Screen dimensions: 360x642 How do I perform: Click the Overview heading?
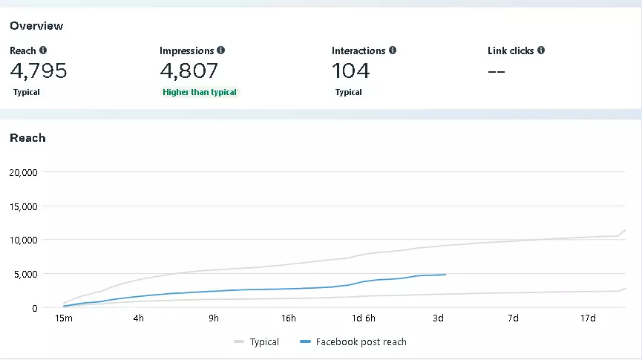(36, 26)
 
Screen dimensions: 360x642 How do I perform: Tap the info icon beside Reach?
(42, 50)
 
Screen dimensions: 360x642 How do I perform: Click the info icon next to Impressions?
(221, 50)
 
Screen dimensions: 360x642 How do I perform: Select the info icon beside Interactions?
(393, 50)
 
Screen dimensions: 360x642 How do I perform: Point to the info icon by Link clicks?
(541, 50)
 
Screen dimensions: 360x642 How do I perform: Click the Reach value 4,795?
(39, 71)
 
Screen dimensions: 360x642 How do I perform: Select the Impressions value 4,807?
(189, 71)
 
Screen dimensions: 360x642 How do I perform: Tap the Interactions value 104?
(350, 71)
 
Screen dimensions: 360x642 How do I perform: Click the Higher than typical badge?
(200, 92)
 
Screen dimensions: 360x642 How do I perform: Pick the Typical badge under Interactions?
(348, 92)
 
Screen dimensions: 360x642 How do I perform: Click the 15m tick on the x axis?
(64, 318)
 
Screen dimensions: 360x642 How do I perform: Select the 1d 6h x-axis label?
(364, 318)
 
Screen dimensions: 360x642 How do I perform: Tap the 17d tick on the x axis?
(588, 318)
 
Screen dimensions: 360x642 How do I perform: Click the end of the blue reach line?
(445, 275)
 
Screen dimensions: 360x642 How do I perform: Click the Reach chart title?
(27, 138)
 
